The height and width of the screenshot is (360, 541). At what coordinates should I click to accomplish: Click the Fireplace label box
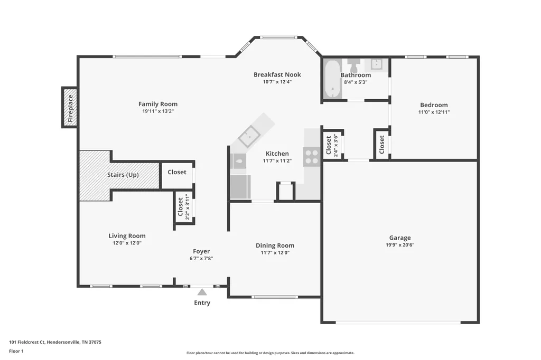[70, 108]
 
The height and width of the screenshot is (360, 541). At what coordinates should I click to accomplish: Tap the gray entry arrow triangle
[202, 292]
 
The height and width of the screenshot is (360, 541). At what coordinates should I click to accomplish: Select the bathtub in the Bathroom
[333, 80]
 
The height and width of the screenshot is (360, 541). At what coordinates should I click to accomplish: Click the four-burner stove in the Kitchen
[311, 156]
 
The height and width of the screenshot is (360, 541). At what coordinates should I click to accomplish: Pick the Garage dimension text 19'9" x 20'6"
[400, 245]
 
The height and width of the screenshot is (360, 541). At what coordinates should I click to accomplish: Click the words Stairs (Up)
[123, 175]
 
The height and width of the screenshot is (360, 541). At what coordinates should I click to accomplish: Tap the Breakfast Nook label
[277, 74]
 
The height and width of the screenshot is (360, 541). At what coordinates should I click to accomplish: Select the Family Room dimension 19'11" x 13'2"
[158, 111]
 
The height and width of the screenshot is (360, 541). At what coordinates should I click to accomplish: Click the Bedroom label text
[434, 105]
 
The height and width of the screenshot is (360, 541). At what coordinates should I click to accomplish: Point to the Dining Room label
[275, 245]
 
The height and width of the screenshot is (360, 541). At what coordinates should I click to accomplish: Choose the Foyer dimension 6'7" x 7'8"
[201, 258]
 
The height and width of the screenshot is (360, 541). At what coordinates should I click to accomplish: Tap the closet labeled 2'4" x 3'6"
[332, 145]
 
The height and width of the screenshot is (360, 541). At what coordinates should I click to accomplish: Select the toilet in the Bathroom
[353, 65]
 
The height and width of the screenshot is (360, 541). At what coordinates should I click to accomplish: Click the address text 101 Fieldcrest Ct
[27, 342]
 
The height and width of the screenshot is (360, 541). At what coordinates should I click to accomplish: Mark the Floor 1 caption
[16, 351]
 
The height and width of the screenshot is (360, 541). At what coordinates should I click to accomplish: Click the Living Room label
[127, 236]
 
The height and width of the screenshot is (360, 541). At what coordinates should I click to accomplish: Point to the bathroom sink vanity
[377, 64]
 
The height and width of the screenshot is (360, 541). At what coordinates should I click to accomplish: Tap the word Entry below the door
[202, 303]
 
